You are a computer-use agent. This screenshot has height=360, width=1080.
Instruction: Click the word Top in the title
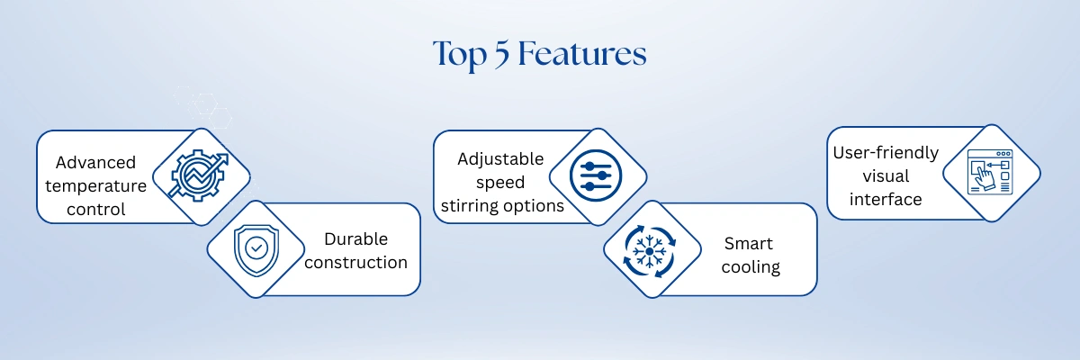460,55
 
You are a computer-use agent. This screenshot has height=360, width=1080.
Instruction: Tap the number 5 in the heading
502,54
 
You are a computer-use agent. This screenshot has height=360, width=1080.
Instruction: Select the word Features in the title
582,53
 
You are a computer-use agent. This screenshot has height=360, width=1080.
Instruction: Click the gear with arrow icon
198,175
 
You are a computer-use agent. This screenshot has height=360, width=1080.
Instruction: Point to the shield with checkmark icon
256,250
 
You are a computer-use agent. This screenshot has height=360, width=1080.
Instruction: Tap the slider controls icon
596,175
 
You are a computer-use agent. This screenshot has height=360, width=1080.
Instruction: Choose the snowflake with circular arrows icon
650,251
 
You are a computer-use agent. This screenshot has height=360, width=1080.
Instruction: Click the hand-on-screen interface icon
990,172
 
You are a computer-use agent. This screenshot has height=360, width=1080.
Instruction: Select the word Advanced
95,162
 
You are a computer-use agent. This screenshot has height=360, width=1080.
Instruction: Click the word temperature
96,186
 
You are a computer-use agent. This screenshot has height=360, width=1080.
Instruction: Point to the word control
96,209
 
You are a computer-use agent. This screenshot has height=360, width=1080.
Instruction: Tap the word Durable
355,238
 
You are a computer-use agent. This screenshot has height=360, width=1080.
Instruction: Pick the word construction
355,262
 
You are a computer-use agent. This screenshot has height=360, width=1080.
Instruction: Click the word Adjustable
500,159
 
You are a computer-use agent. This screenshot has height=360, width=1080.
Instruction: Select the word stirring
472,206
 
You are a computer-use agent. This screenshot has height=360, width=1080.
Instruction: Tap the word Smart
748,243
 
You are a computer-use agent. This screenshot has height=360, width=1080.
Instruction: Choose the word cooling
751,267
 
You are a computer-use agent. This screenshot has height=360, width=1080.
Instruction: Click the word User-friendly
886,153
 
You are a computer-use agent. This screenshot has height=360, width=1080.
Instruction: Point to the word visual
886,175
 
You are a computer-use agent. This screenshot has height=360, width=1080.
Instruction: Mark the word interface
886,199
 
